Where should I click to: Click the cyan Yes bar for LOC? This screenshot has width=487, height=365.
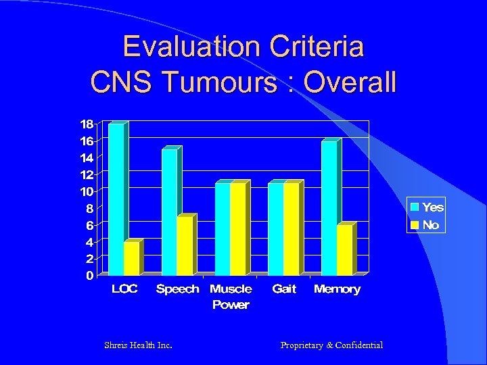(116, 199)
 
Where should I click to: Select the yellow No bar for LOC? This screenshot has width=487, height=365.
(131, 258)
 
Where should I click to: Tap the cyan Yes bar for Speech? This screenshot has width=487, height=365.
(169, 212)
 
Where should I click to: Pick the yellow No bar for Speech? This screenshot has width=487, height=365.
(185, 246)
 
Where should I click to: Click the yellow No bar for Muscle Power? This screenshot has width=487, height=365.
(237, 229)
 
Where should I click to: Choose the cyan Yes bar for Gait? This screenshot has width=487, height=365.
(275, 229)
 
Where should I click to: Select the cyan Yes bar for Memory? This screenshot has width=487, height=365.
(329, 208)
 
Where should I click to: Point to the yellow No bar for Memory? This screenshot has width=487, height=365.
(344, 250)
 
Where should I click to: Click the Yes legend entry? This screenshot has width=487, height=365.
(426, 207)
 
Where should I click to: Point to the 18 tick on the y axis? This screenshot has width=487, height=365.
(87, 124)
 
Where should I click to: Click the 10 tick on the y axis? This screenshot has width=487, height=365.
(87, 191)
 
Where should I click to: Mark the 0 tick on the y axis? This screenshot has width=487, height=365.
(89, 276)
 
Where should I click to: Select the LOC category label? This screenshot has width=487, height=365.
(124, 289)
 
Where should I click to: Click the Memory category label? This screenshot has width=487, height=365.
(337, 289)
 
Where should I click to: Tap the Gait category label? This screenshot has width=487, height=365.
(284, 289)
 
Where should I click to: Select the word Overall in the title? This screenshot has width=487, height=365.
(350, 82)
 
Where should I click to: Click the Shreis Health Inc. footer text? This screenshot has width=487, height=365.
(138, 345)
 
